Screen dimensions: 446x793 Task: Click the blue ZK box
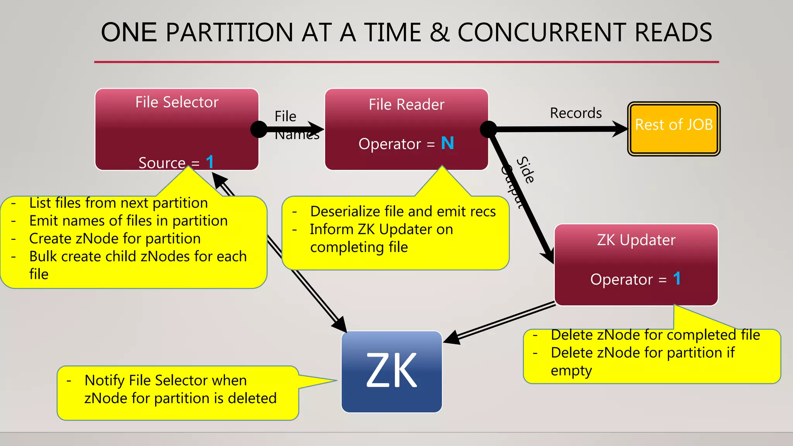coord(391,372)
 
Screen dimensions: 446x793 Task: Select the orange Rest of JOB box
coord(673,129)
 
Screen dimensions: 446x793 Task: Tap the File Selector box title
coord(177,102)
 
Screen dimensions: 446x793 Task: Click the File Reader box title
coord(406,105)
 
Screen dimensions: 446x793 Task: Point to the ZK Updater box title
coord(636,240)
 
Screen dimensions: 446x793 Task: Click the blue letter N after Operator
coord(447,143)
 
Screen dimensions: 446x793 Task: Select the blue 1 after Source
coord(209,162)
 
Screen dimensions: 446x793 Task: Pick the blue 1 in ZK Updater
coord(676,279)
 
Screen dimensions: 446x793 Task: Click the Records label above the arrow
coord(576,113)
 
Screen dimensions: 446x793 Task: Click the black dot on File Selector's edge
coord(259,129)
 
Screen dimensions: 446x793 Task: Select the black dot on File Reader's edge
coord(488,129)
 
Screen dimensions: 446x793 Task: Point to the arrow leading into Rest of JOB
coord(561,129)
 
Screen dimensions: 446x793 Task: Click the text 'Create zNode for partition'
coord(115,238)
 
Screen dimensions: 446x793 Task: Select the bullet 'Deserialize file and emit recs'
coord(403,211)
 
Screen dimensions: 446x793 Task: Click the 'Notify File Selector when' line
coord(165,380)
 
